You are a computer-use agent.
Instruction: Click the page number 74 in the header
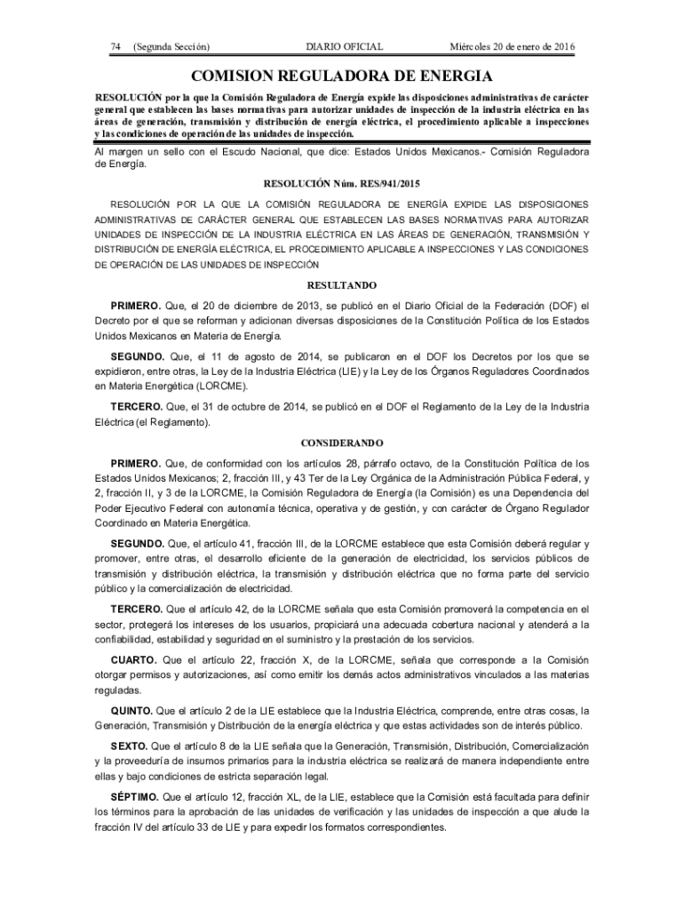click(115, 46)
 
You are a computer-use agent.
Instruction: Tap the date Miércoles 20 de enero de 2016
click(513, 46)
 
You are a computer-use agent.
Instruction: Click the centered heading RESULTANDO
click(342, 285)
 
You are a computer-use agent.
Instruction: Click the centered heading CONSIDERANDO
click(342, 442)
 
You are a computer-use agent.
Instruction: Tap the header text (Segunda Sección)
click(171, 46)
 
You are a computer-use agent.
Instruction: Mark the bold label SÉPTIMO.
click(134, 795)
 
